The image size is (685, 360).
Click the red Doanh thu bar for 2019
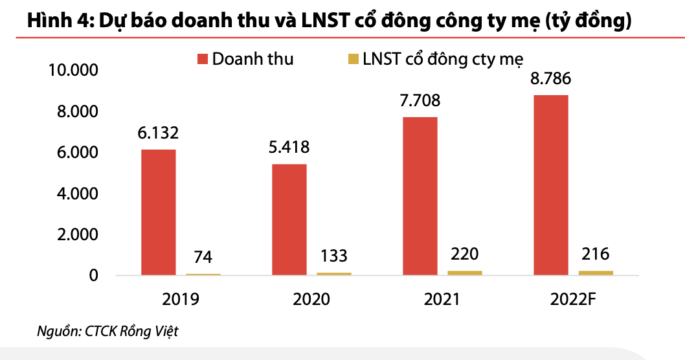coord(158,212)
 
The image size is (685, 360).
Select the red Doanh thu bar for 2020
coord(289,219)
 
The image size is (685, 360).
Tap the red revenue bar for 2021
coord(420,196)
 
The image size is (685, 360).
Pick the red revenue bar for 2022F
coord(550,185)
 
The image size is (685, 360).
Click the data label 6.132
coord(158,133)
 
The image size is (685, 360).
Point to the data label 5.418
coord(289,148)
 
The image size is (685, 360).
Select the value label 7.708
coord(420,100)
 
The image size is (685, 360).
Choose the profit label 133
coord(334,254)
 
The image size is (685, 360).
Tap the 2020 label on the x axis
coord(311,300)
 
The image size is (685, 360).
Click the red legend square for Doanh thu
coord(202,60)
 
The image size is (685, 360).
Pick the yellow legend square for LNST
coord(353,60)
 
